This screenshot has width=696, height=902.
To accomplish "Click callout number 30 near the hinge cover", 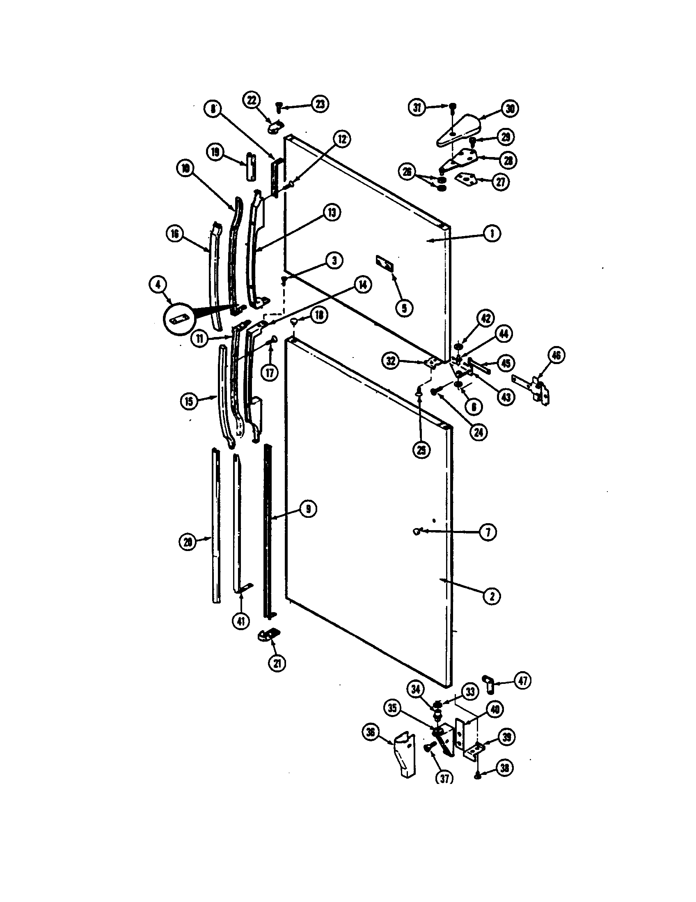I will click(510, 109).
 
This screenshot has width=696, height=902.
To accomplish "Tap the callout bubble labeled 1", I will click(491, 234).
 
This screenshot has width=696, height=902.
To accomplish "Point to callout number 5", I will click(404, 307).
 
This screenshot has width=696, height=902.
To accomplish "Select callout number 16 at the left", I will click(175, 234).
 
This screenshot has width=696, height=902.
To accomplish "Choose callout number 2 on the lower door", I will click(491, 596).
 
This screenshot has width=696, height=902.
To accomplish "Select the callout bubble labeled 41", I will click(241, 632).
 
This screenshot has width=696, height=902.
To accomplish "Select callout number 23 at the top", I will click(320, 104).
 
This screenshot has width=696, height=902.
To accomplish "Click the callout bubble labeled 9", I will click(308, 509).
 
